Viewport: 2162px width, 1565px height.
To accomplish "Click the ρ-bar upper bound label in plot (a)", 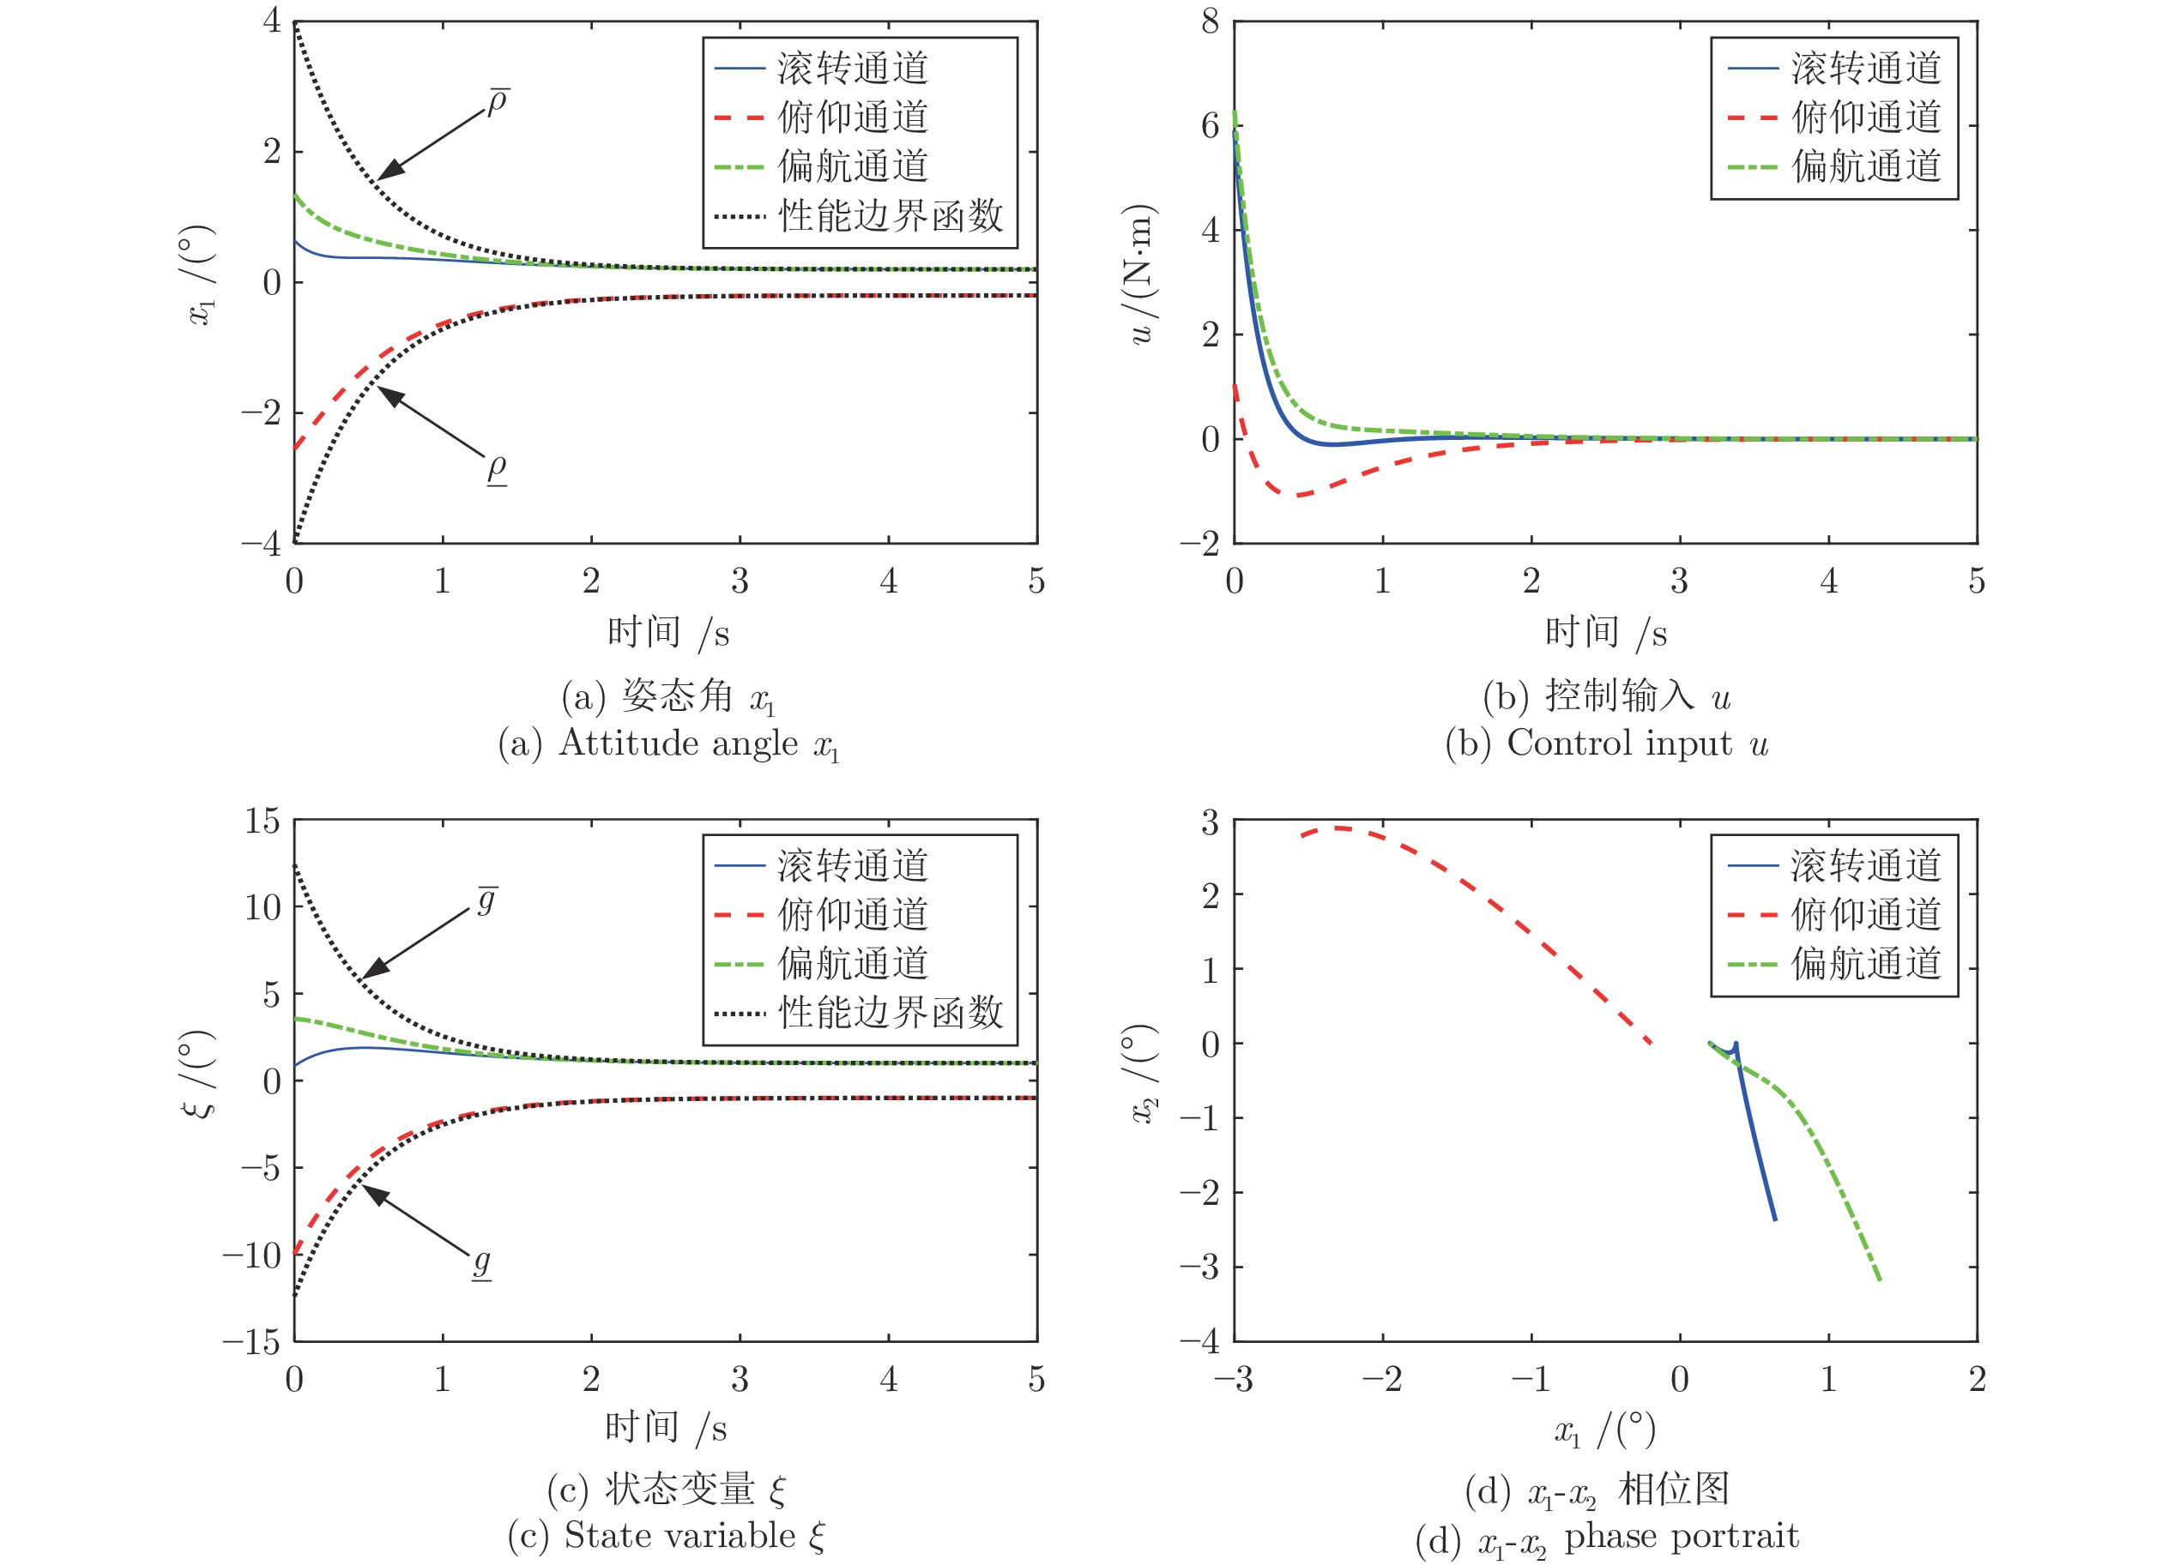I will pos(498,102).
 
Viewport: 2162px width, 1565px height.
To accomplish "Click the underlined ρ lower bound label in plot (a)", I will pos(497,468).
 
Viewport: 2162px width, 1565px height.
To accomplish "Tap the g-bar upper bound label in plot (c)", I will pos(487,900).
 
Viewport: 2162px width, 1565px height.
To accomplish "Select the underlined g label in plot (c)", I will pos(482,1263).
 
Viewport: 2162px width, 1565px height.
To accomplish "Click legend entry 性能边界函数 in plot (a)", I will pos(891,215).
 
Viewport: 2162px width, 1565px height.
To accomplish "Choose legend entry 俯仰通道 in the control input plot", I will pos(1865,117).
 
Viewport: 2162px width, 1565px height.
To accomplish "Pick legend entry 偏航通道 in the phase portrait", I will pos(1865,964).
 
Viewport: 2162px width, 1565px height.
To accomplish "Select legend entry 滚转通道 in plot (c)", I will pos(852,865).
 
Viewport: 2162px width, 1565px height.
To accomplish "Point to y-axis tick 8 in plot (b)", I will pos(1210,21).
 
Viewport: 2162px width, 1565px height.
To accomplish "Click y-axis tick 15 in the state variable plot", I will pos(263,821).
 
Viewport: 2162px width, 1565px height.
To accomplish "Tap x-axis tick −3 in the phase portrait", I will pos(1233,1379).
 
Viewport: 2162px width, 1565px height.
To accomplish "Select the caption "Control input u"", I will pos(1636,743).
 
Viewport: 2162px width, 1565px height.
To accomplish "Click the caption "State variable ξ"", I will pos(693,1536).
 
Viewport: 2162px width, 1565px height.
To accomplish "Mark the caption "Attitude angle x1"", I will pos(698,743).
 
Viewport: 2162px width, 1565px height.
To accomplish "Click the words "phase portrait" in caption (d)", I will pos(1681,1536).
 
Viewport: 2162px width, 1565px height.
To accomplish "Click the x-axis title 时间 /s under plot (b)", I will pos(1605,632).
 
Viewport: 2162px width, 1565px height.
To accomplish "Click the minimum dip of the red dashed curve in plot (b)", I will pos(1298,495).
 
